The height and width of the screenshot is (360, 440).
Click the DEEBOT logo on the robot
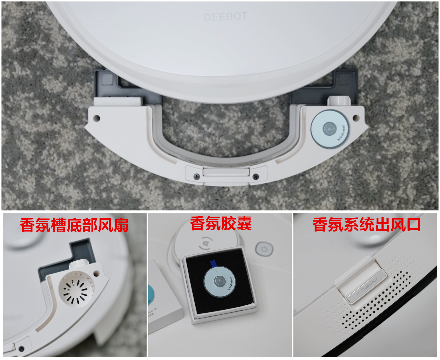(x=225, y=17)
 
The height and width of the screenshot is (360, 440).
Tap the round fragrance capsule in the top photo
(x=329, y=129)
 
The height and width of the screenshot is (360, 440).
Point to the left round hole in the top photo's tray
(x=96, y=118)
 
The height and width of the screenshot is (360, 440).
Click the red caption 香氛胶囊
(x=221, y=224)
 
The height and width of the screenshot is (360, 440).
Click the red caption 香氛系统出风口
(x=367, y=225)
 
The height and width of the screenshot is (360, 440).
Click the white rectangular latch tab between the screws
(x=226, y=172)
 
